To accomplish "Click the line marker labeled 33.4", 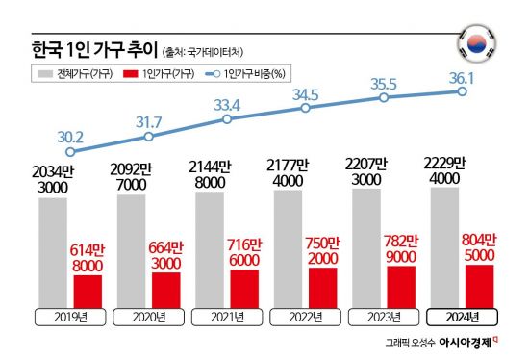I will (226, 119).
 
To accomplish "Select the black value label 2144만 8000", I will (212, 172).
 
